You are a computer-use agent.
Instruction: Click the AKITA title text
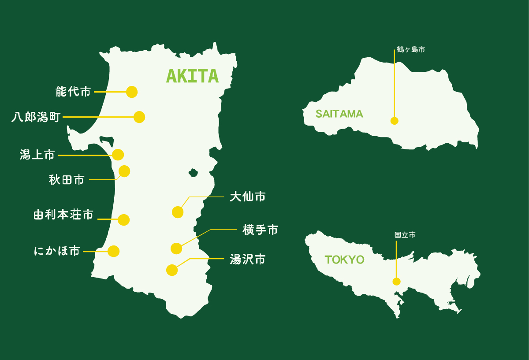coord(192,76)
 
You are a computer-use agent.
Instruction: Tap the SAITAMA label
coord(339,114)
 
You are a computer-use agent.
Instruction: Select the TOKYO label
coord(344,260)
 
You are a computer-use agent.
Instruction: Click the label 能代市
coord(73,92)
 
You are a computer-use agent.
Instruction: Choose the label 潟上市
coord(37,155)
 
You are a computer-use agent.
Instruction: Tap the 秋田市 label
coord(67,180)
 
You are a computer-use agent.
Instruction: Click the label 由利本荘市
coord(63,215)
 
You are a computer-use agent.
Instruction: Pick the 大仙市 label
coord(248,197)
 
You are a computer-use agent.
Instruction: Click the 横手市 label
coord(260,230)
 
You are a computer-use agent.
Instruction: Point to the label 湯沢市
coord(248,259)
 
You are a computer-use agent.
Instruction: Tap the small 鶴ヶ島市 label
coord(411,50)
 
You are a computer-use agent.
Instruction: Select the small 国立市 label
coord(405,235)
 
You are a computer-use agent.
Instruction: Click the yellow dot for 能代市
coord(132,92)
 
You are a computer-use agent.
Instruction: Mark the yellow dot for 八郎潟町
coord(139,117)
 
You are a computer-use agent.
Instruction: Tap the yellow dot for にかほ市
coord(114,251)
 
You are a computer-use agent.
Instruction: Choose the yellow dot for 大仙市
coord(177,212)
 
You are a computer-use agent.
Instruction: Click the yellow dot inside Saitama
coord(394,121)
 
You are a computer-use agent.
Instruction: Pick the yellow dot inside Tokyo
coord(396,281)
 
